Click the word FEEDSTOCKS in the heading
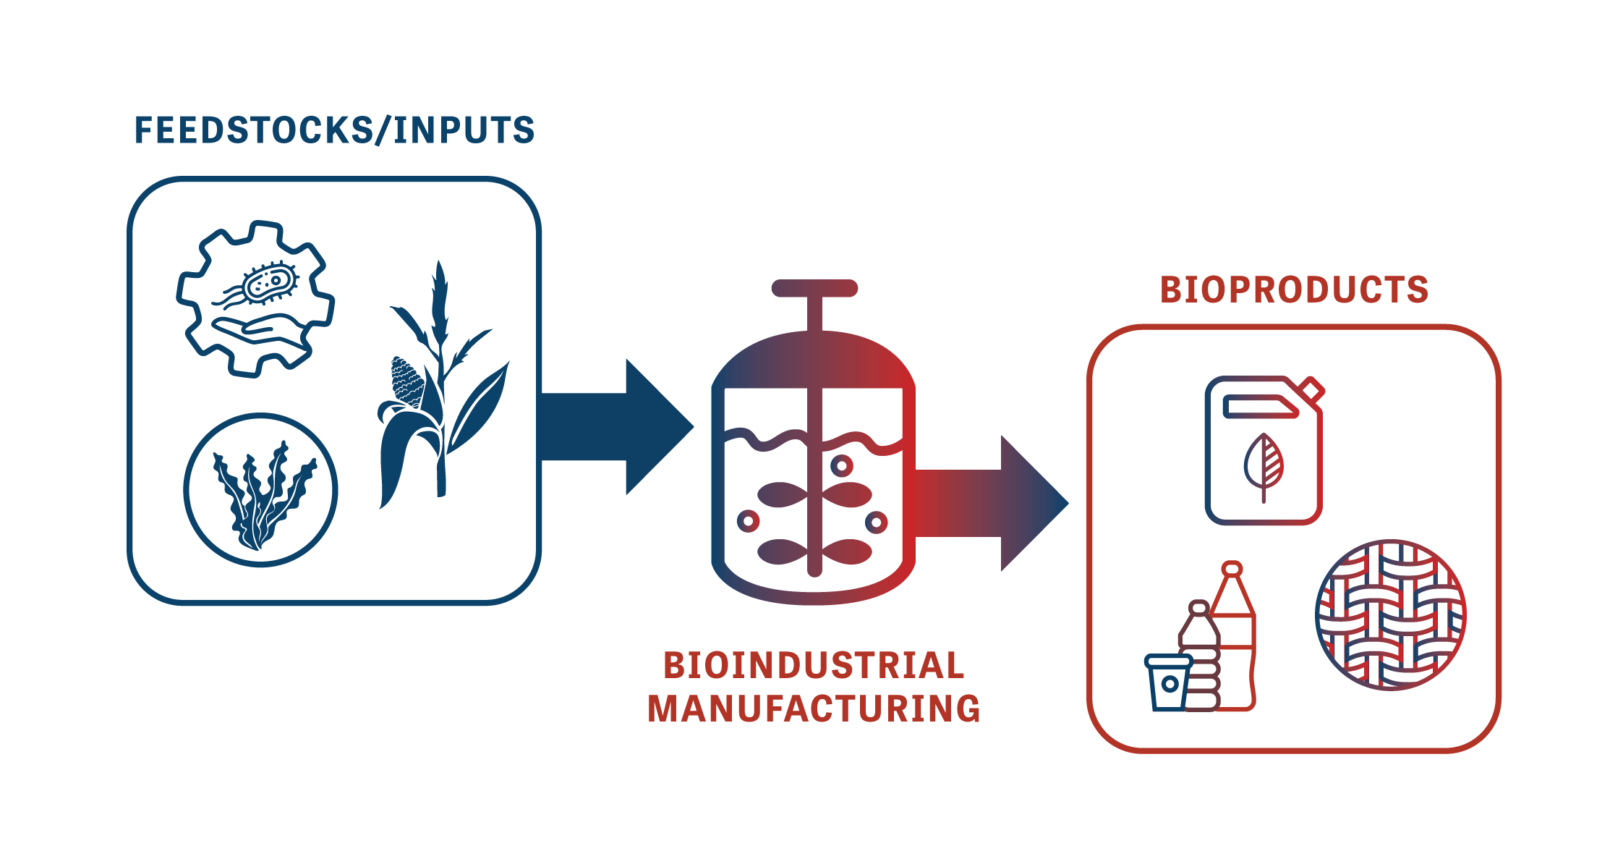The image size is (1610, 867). tap(253, 131)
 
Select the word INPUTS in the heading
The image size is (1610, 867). tap(463, 131)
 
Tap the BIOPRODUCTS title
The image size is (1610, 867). tap(1294, 290)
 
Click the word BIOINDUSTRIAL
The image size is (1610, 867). tap(814, 666)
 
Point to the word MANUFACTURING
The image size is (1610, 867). tap(814, 709)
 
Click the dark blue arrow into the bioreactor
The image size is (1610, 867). tap(615, 427)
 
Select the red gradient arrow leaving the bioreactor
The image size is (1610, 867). tap(991, 503)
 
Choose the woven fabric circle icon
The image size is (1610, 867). tap(1390, 614)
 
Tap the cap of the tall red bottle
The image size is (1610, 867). tap(1232, 569)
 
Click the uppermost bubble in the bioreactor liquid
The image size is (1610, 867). tap(842, 465)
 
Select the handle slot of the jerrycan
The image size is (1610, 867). tap(1258, 407)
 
